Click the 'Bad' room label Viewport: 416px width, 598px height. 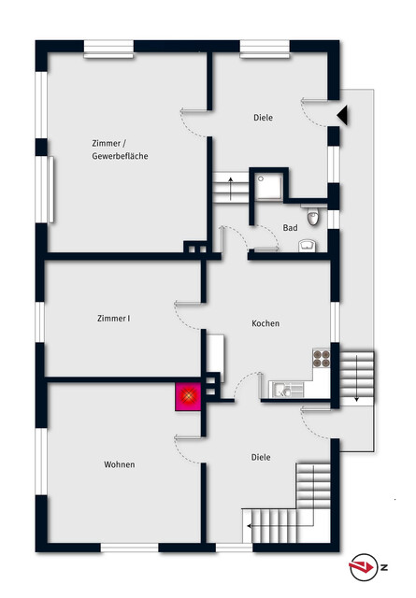click(x=290, y=228)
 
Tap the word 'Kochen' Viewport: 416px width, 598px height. click(x=265, y=323)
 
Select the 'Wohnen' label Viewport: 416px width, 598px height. click(x=120, y=464)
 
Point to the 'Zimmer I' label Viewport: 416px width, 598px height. click(x=114, y=318)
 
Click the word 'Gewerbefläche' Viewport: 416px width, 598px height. click(x=120, y=156)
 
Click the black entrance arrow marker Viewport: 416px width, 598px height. click(x=342, y=115)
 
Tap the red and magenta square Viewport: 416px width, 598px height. click(x=188, y=396)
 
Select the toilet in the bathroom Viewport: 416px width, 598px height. click(x=313, y=216)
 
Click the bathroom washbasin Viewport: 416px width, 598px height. click(x=308, y=246)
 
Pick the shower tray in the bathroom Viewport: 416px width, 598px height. click(x=269, y=187)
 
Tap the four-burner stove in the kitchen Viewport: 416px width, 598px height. click(x=322, y=359)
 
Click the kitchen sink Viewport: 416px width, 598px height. click(x=285, y=390)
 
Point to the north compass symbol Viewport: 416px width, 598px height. click(x=362, y=567)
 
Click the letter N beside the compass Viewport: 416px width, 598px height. click(x=383, y=567)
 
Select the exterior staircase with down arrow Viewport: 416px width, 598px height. click(x=356, y=377)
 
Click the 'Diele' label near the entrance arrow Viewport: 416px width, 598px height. click(x=264, y=118)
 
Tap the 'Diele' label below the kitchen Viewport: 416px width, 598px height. click(x=261, y=457)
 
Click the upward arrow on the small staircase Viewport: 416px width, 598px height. click(x=231, y=189)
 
